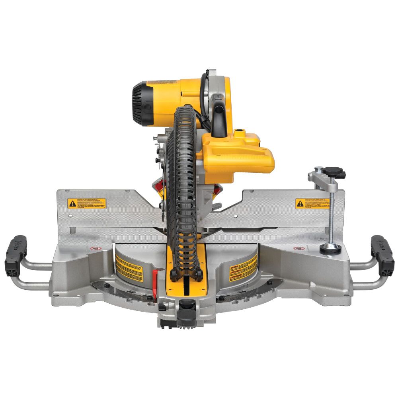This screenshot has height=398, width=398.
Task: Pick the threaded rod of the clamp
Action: coord(332,215)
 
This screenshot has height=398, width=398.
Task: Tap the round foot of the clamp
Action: coord(330,248)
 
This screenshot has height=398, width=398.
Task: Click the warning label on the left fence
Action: coord(87,203)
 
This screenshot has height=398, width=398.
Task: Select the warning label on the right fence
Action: coord(313,203)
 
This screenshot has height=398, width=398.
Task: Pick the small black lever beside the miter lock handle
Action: coord(162,307)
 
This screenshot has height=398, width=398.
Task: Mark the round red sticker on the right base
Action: coord(298,248)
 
